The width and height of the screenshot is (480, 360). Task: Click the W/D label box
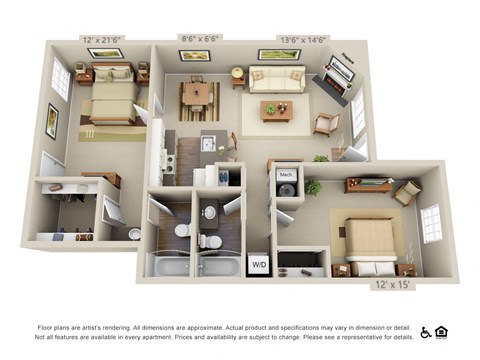(x=258, y=265)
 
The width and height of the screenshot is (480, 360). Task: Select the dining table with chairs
(x=199, y=97)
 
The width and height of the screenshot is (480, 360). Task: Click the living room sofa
(x=278, y=79)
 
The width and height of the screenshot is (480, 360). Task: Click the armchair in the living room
(x=326, y=124)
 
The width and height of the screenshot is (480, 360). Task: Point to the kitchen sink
(x=208, y=144)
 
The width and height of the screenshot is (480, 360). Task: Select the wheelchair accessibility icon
(x=425, y=332)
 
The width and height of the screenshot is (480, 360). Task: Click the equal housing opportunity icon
(x=441, y=332)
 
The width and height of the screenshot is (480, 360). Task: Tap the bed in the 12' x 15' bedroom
(x=371, y=242)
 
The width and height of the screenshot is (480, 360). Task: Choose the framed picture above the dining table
(x=194, y=56)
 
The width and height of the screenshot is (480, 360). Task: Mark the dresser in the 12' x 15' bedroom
(x=368, y=184)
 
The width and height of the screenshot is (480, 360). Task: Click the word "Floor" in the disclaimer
(x=46, y=328)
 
